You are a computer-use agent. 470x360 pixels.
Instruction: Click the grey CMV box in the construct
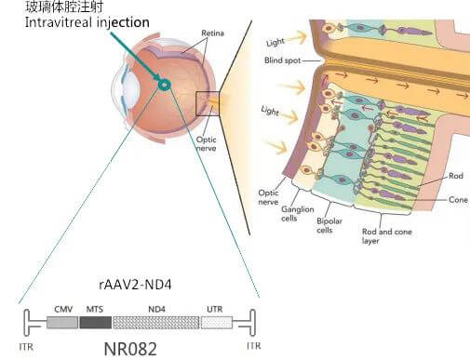[63, 322]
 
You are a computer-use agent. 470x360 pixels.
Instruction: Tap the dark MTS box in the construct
[95, 322]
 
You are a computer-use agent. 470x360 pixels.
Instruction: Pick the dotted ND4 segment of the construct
[155, 322]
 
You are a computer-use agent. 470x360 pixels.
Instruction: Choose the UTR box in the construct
[216, 322]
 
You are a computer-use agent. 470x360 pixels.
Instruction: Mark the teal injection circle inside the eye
[164, 86]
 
